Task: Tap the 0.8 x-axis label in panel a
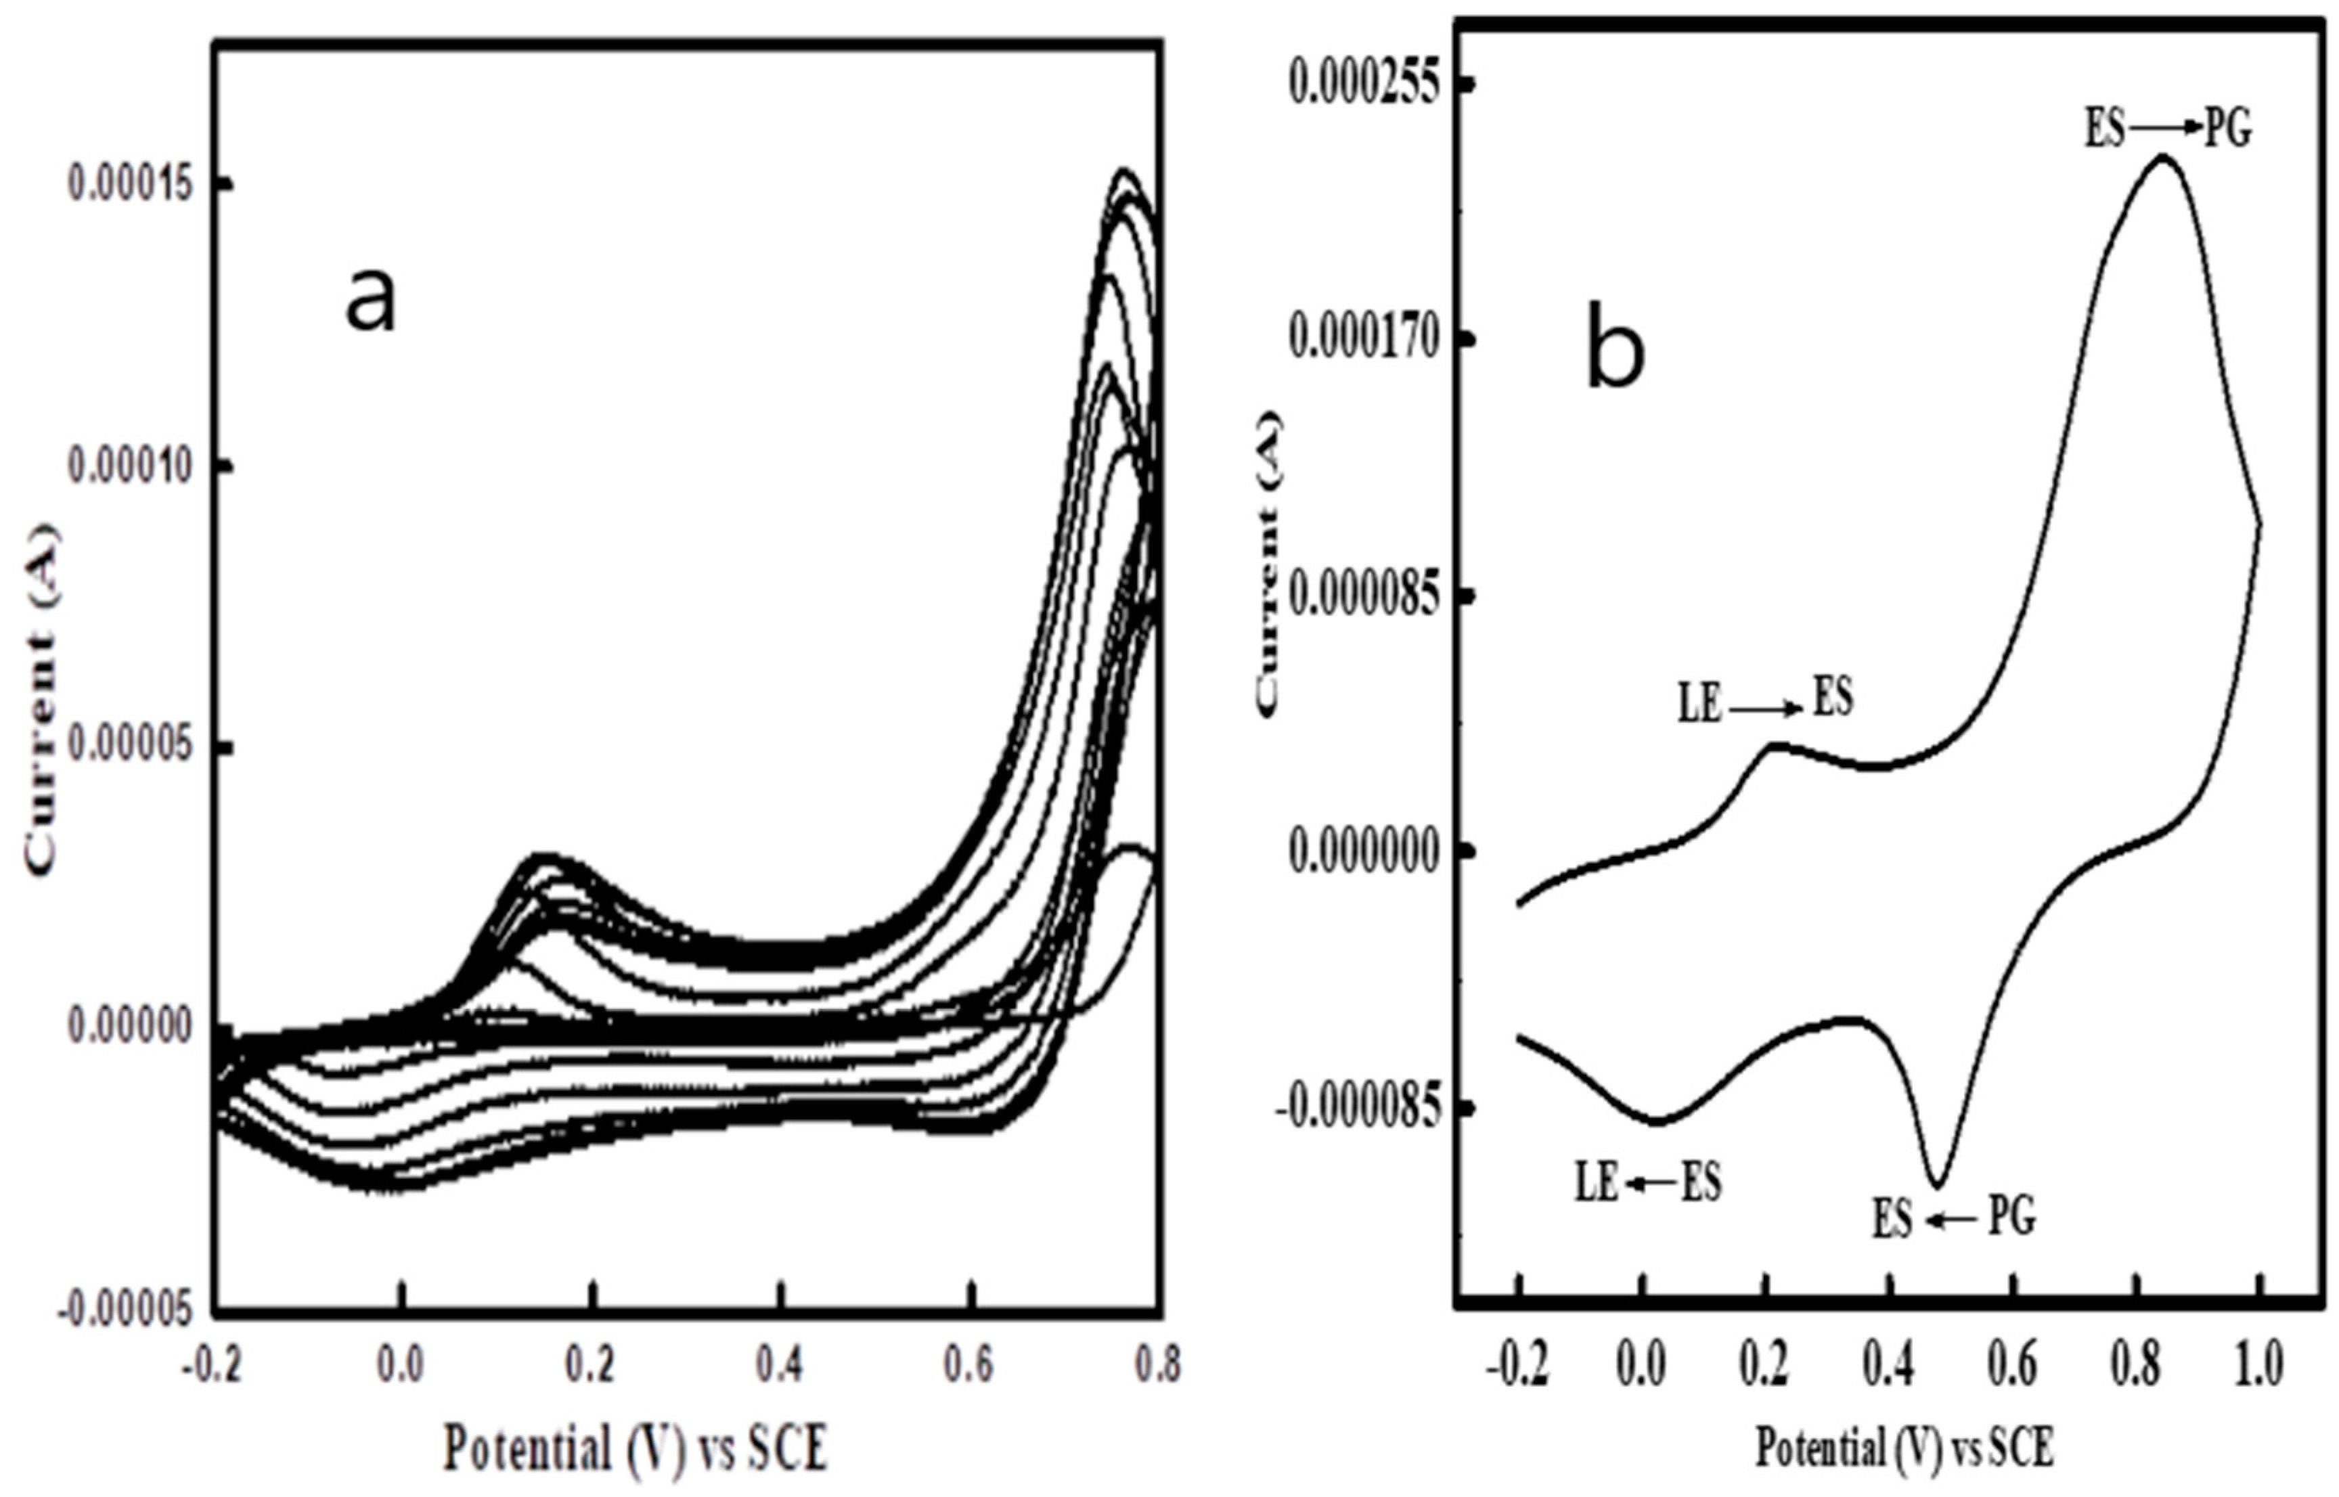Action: [x=1157, y=1366]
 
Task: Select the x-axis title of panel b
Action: [x=1904, y=1448]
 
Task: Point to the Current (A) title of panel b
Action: [x=1270, y=564]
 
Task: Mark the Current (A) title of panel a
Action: [x=41, y=700]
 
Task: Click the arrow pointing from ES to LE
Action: [x=1650, y=1183]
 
